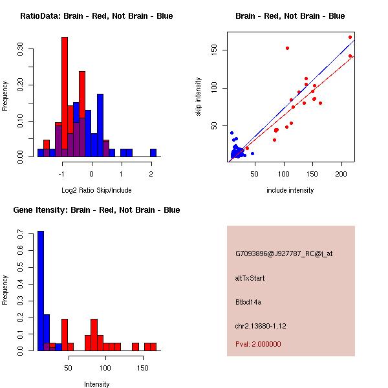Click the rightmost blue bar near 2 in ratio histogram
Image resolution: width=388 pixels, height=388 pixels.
tap(153, 153)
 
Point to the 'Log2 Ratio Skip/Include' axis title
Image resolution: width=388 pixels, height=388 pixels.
tap(96, 190)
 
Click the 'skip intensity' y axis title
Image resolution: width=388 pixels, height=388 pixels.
tap(199, 97)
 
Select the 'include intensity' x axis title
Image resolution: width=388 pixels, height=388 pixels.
tap(290, 190)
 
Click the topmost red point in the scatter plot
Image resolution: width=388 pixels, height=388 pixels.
tap(350, 37)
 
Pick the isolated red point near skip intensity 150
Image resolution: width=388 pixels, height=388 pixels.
tap(287, 48)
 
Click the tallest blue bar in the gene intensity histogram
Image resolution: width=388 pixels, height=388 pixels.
tap(41, 291)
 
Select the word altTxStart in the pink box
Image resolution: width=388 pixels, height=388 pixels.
tap(250, 278)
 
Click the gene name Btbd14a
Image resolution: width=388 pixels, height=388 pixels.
tap(248, 302)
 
